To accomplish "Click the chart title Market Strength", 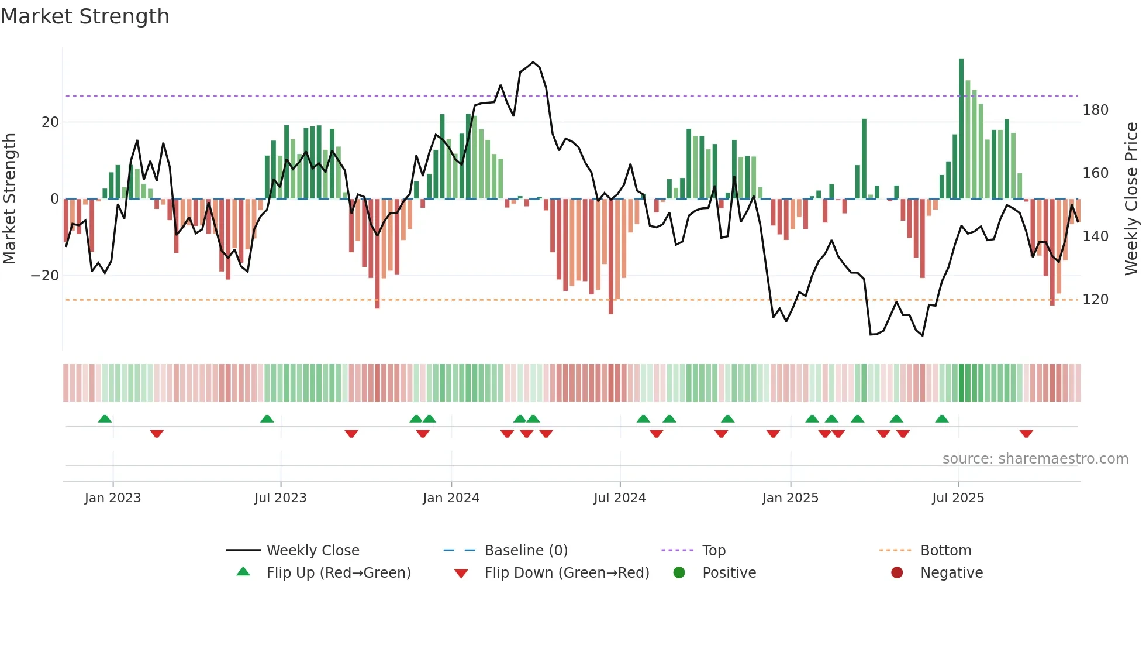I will [x=85, y=16].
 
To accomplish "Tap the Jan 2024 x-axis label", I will [x=451, y=498].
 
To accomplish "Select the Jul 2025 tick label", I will [x=958, y=498].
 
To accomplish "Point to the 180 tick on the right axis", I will [x=1095, y=110].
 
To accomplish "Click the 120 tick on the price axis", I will [x=1095, y=300].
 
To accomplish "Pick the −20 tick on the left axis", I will [x=45, y=276].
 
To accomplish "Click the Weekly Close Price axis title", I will [x=1132, y=199].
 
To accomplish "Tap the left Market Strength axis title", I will [x=10, y=199].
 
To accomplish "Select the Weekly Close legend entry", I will [x=313, y=551].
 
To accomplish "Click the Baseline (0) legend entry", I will [x=526, y=551].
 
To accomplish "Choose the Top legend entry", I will [x=713, y=551].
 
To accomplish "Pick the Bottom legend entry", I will [x=945, y=551].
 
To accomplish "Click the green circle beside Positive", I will [x=679, y=572].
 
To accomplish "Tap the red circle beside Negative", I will [x=897, y=572].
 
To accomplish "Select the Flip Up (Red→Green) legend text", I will [x=339, y=573].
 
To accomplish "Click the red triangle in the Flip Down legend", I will [x=461, y=574].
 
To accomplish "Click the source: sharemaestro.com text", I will [x=1035, y=459].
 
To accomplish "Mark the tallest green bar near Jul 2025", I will [x=961, y=129].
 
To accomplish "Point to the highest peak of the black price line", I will [x=533, y=62].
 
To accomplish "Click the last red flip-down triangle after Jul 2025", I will [x=1026, y=434].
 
